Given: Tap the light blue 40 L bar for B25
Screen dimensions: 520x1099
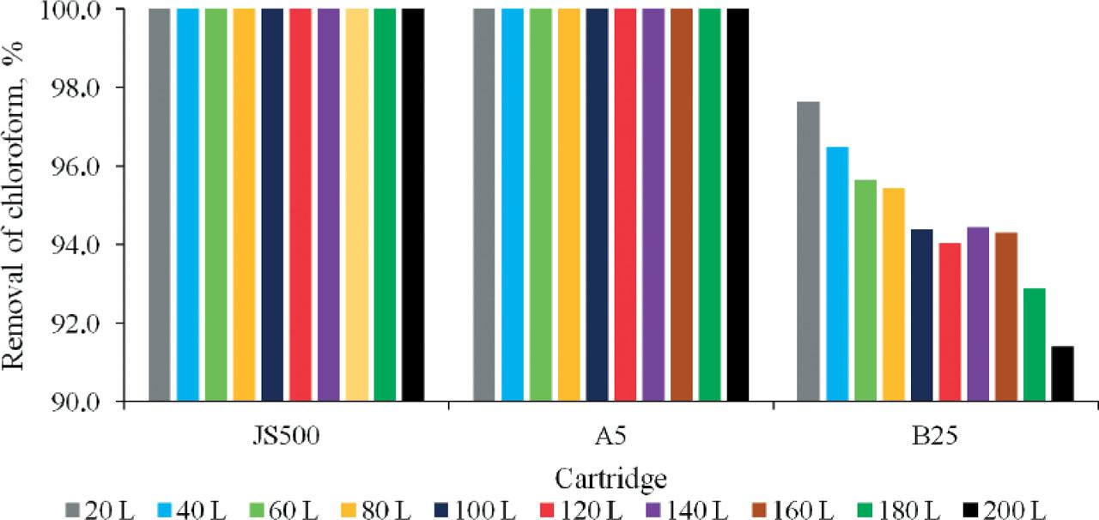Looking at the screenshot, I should (x=836, y=275).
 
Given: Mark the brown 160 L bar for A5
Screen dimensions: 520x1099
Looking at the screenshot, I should (x=681, y=205).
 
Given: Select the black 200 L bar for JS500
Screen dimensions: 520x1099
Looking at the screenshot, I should (x=413, y=205).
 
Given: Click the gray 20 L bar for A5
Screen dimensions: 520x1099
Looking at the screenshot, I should (x=484, y=205).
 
